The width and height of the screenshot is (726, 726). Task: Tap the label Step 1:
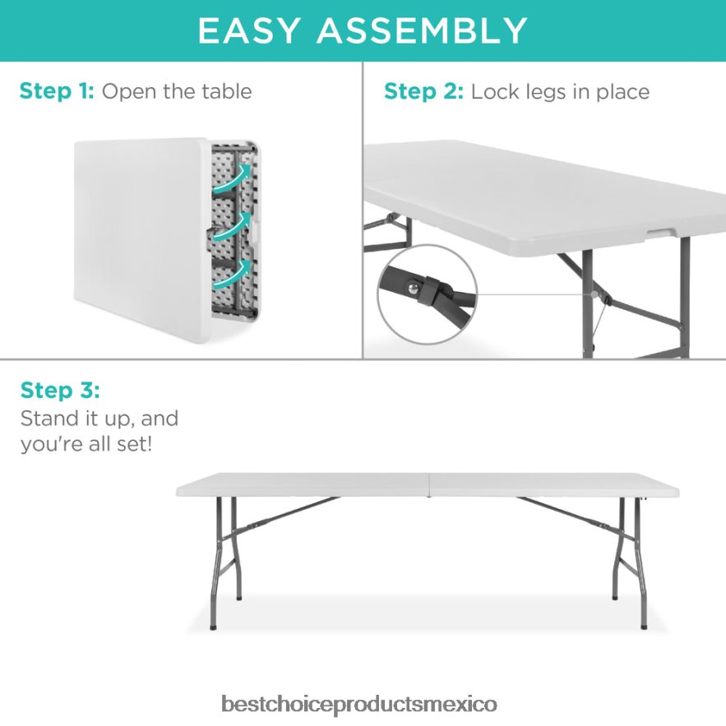(57, 90)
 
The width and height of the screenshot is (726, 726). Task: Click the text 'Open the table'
(177, 90)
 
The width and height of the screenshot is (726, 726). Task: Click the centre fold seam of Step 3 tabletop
(428, 485)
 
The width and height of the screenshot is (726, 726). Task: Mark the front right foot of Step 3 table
(644, 625)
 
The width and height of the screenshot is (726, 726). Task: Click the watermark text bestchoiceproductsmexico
(359, 705)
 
